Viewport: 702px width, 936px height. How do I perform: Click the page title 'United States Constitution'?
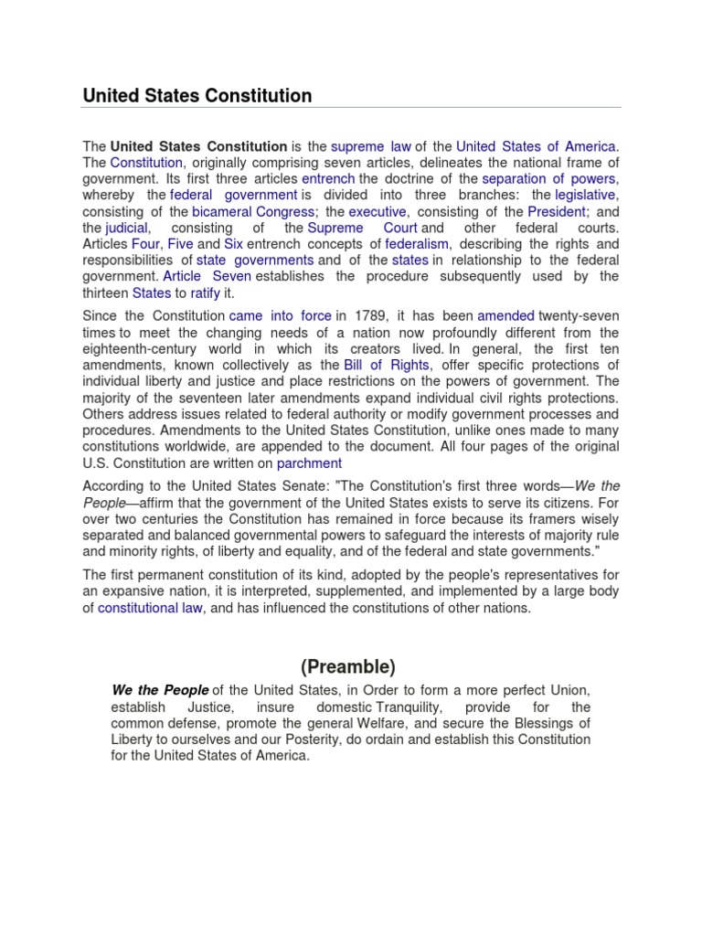197,95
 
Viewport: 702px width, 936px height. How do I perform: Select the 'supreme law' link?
370,146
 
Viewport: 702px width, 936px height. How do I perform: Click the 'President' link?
556,211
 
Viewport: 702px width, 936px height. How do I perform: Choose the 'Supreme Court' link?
362,228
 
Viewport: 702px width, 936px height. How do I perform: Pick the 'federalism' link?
417,244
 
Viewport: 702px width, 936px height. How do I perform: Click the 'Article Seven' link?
207,276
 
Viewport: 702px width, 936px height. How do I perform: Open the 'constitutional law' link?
151,608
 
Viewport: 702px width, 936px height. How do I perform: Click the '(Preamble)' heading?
351,666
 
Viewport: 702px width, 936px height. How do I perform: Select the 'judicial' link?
126,228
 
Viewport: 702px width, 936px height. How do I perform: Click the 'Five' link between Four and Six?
180,244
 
